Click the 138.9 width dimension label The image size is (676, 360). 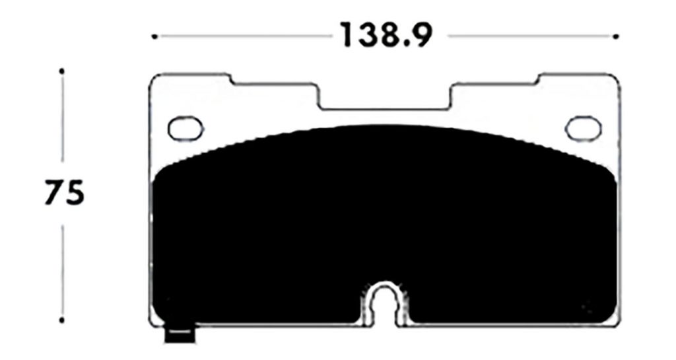(x=386, y=36)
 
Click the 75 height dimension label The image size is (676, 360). (x=65, y=193)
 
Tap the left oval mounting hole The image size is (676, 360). (x=185, y=127)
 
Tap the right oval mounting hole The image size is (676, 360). (x=582, y=127)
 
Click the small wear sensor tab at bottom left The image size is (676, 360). (x=180, y=335)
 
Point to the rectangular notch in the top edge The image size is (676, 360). (x=385, y=98)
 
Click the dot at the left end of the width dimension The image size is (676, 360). (x=154, y=36)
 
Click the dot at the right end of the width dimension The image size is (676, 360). (x=616, y=36)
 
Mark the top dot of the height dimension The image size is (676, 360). (x=61, y=70)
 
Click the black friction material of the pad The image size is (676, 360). (x=383, y=218)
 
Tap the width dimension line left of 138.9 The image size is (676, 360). (x=244, y=36)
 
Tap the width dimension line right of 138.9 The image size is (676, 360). (x=528, y=36)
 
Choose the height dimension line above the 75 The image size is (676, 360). (x=61, y=119)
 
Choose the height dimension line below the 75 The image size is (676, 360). (x=61, y=271)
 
